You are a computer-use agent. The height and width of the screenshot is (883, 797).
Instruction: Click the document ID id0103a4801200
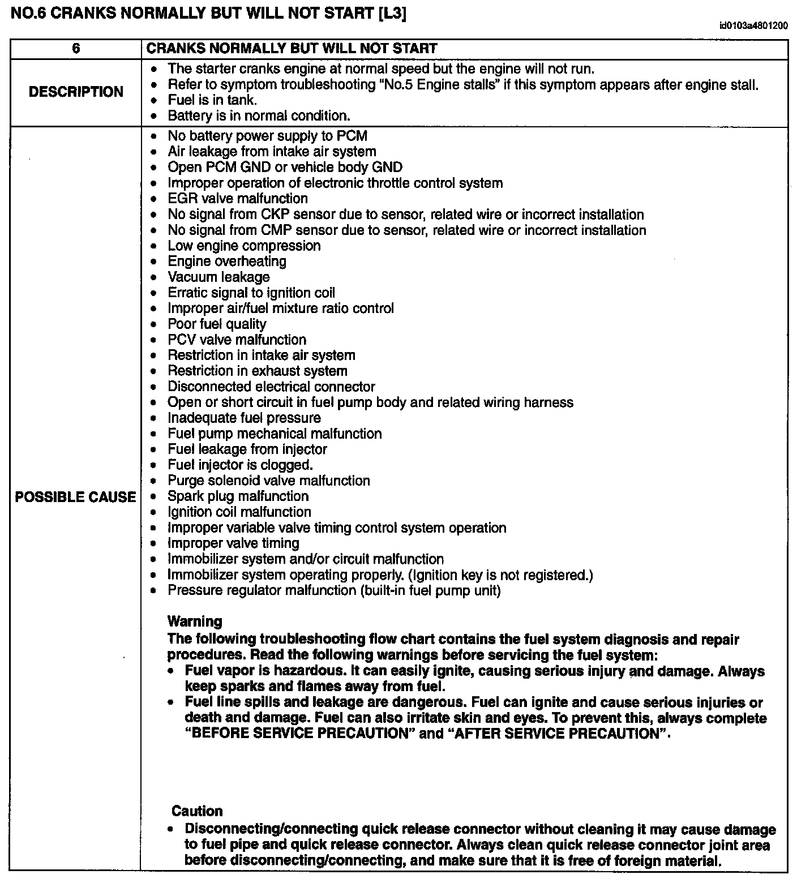[x=753, y=25]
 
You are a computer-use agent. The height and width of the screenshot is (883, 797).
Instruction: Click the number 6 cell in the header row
[x=76, y=49]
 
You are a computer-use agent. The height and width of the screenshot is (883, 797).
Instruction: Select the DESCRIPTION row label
[x=76, y=92]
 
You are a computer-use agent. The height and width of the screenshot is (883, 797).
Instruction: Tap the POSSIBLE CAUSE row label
[x=76, y=497]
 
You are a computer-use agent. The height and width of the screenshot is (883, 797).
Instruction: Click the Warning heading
[x=195, y=621]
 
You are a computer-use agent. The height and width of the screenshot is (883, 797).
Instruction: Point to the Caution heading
[x=197, y=811]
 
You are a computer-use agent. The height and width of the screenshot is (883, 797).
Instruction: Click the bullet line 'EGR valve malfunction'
[x=238, y=199]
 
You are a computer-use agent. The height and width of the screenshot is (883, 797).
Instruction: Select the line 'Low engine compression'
[x=244, y=246]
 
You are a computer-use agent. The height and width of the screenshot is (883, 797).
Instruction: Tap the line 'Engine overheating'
[x=227, y=262]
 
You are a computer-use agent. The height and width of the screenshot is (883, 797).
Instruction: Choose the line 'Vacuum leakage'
[x=218, y=277]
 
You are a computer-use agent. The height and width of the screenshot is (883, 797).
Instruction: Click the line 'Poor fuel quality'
[x=217, y=324]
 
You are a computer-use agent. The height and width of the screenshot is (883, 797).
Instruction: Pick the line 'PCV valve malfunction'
[x=237, y=340]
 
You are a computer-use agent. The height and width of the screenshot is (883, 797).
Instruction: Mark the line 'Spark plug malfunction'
[x=238, y=496]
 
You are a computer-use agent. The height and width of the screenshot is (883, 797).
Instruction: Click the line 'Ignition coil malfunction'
[x=239, y=512]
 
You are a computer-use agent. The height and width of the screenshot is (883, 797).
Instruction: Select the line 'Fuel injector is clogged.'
[x=240, y=465]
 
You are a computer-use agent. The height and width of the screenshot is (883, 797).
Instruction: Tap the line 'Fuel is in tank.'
[x=212, y=100]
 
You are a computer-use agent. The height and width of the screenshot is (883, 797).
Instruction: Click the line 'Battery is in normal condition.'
[x=259, y=116]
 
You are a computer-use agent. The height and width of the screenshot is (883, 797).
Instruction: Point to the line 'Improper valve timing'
[x=233, y=543]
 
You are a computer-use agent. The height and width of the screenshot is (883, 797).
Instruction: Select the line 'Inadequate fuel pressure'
[x=244, y=418]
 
